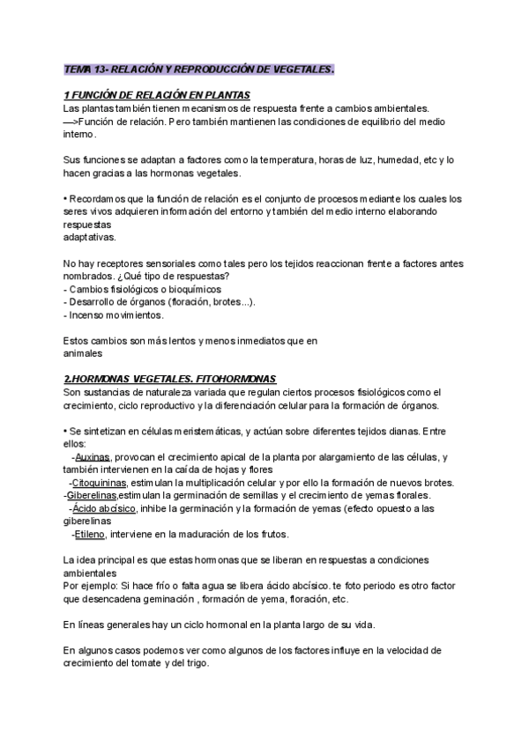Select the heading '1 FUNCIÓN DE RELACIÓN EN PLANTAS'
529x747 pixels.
(158, 95)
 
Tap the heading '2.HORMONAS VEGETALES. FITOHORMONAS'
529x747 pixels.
(171, 378)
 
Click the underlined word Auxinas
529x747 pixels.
(93, 457)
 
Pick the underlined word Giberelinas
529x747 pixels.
(93, 496)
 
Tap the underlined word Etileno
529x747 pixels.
(90, 535)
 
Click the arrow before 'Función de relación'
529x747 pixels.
(72, 122)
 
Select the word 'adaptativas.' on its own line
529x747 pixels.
(90, 237)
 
